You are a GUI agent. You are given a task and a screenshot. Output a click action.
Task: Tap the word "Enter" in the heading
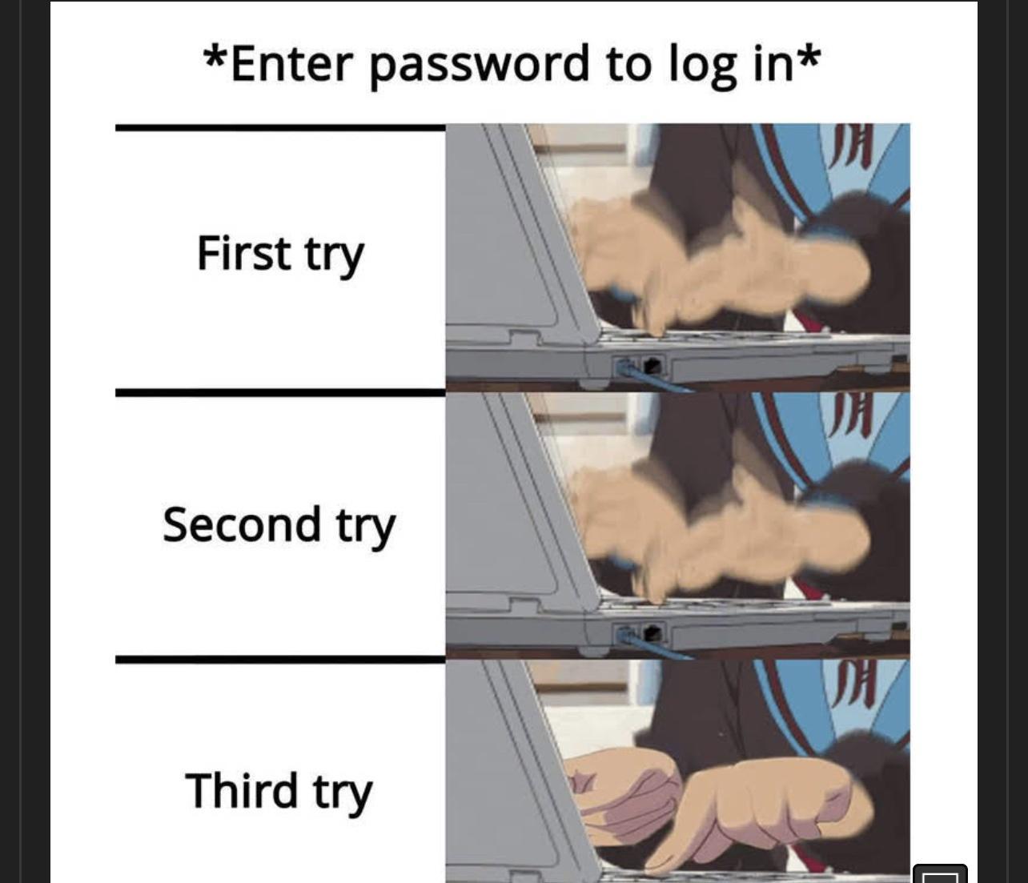click(291, 64)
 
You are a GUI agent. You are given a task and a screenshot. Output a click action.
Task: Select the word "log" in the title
click(702, 64)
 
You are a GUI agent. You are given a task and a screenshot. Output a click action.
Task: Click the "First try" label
click(279, 254)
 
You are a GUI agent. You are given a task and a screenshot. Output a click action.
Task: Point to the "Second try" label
click(279, 525)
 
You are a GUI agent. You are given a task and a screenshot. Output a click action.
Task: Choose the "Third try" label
click(279, 791)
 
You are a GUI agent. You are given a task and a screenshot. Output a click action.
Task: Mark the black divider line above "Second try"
click(279, 393)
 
